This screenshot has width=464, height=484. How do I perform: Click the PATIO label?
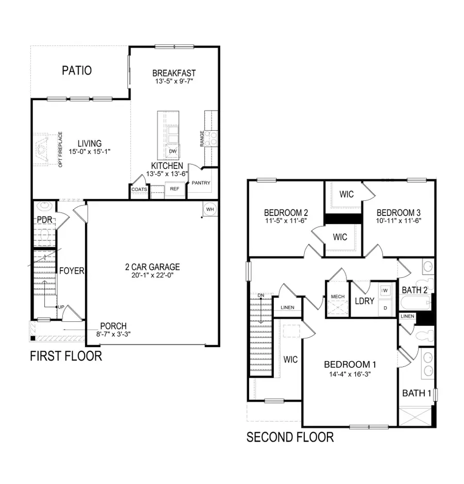pyautogui.click(x=77, y=70)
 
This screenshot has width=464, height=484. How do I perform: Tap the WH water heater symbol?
pyautogui.click(x=210, y=209)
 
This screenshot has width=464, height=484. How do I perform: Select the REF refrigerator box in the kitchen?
pyautogui.click(x=175, y=189)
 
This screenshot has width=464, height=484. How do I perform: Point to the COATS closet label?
pyautogui.click(x=139, y=190)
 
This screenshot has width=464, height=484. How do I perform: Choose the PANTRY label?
pyautogui.click(x=201, y=183)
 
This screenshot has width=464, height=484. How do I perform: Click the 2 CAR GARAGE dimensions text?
pyautogui.click(x=152, y=276)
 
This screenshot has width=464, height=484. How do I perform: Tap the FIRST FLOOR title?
pyautogui.click(x=65, y=356)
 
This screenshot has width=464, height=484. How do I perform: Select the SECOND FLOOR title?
pyautogui.click(x=290, y=438)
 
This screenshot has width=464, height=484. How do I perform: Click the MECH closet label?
pyautogui.click(x=337, y=296)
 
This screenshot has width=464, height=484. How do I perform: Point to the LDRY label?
pyautogui.click(x=364, y=301)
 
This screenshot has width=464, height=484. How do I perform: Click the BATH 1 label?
pyautogui.click(x=417, y=393)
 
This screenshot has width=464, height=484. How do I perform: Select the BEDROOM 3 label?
pyautogui.click(x=396, y=212)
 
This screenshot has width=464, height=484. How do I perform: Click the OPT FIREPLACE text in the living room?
pyautogui.click(x=60, y=149)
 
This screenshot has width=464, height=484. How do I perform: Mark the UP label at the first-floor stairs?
pyautogui.click(x=61, y=307)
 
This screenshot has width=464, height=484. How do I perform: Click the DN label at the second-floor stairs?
pyautogui.click(x=261, y=295)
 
